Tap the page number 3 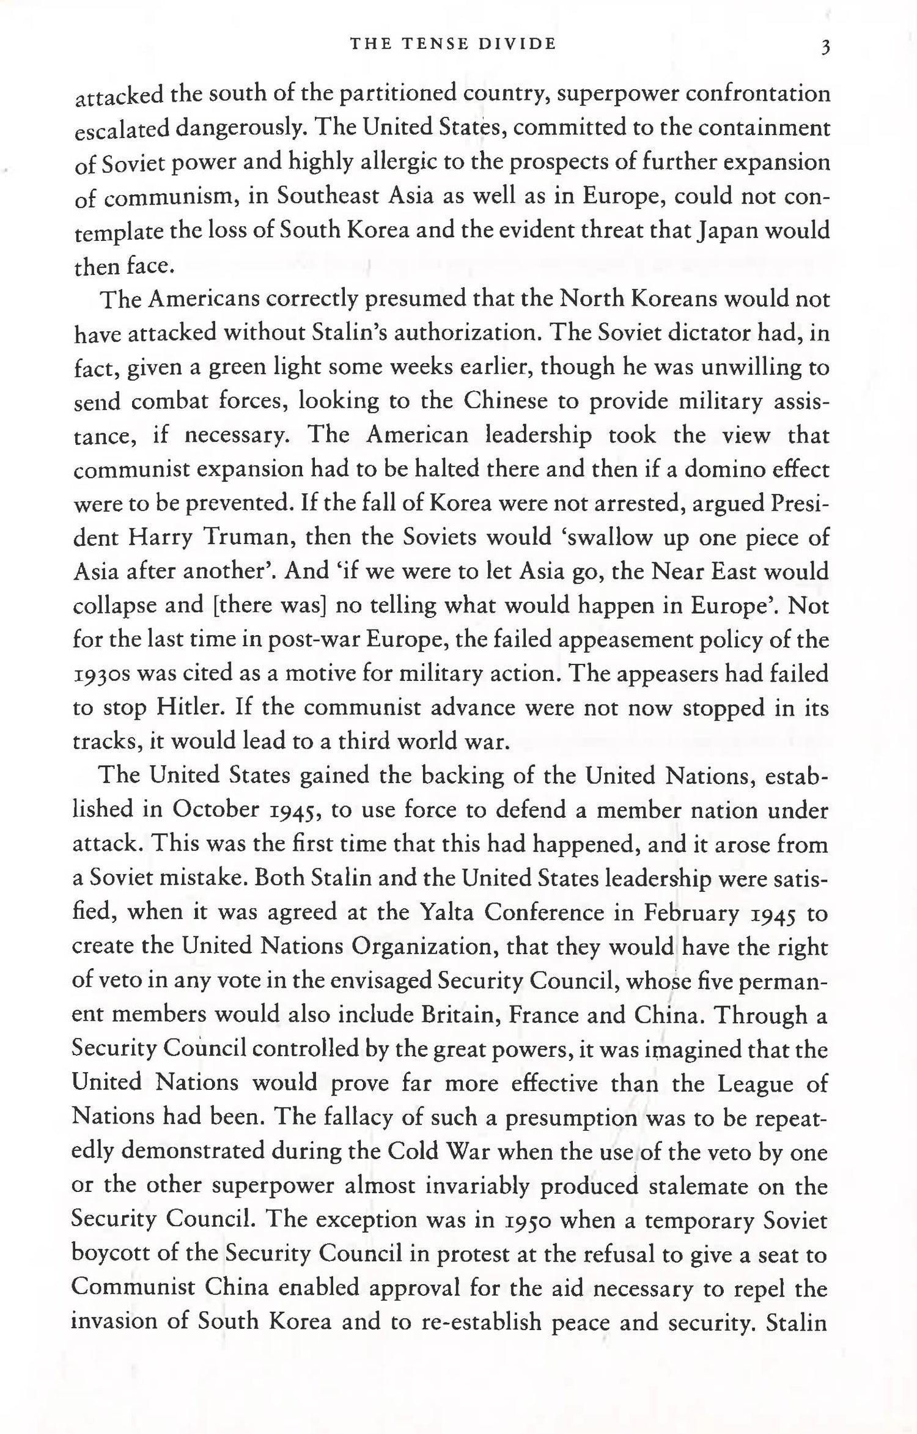click(825, 46)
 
